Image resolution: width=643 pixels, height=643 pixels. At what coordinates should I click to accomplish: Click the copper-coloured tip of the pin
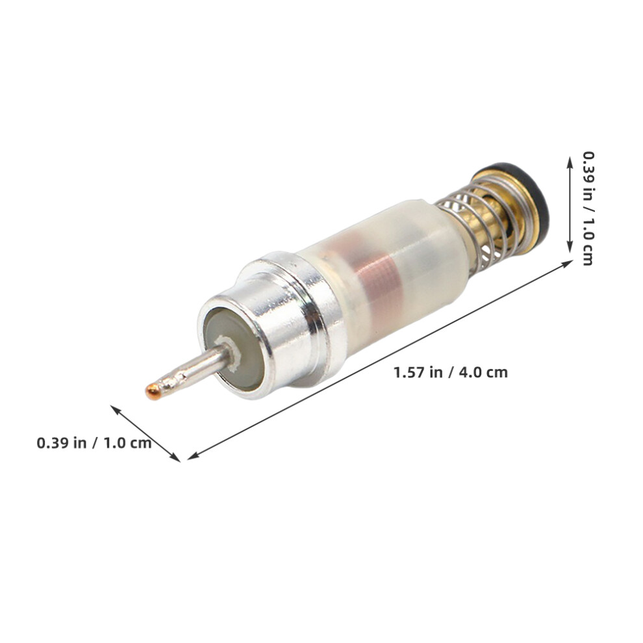coord(153,392)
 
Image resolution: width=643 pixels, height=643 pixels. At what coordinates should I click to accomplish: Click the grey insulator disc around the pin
coord(234,349)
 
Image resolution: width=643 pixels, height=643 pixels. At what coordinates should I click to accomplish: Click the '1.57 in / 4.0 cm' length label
coord(450,372)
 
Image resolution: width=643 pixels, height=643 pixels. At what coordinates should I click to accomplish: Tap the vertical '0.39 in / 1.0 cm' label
coord(588,208)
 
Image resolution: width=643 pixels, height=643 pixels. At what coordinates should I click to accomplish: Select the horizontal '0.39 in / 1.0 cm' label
coord(94,443)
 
